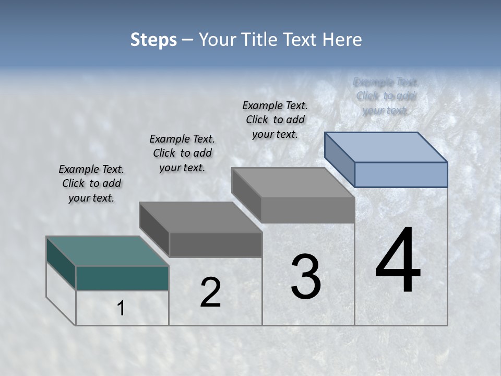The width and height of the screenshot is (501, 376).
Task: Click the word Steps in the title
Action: pyautogui.click(x=153, y=40)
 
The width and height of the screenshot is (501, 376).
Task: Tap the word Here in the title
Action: pyautogui.click(x=342, y=40)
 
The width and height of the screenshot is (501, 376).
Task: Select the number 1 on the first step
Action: pyautogui.click(x=121, y=309)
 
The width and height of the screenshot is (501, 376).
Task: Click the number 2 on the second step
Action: pyautogui.click(x=210, y=292)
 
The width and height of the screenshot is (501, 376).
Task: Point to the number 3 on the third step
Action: pyautogui.click(x=306, y=277)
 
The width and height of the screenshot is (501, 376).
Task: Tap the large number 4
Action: pyautogui.click(x=398, y=261)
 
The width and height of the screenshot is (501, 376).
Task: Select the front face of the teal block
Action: pyautogui.click(x=122, y=278)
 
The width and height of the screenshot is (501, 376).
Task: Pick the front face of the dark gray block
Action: pyautogui.click(x=216, y=244)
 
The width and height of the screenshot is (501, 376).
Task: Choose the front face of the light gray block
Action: pyautogui.click(x=307, y=210)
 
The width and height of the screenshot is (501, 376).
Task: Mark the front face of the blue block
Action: pyautogui.click(x=401, y=174)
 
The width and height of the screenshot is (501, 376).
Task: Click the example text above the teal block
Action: pyautogui.click(x=91, y=183)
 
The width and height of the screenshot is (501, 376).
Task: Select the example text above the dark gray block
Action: pyautogui.click(x=182, y=153)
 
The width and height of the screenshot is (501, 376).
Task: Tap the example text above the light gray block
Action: pyautogui.click(x=275, y=120)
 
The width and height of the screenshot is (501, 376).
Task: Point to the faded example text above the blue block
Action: pyautogui.click(x=386, y=96)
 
